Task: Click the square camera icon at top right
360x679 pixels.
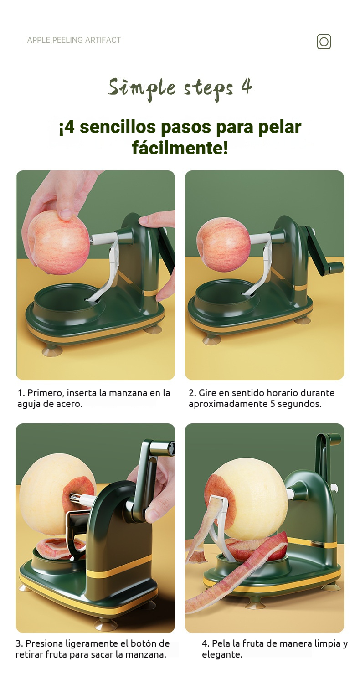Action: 324,41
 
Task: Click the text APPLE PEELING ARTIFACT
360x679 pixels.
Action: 74,40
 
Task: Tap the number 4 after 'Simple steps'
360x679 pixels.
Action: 247,87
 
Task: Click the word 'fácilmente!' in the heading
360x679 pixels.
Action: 180,148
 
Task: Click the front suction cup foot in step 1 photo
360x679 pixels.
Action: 52,350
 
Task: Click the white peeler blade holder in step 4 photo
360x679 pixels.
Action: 219,512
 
